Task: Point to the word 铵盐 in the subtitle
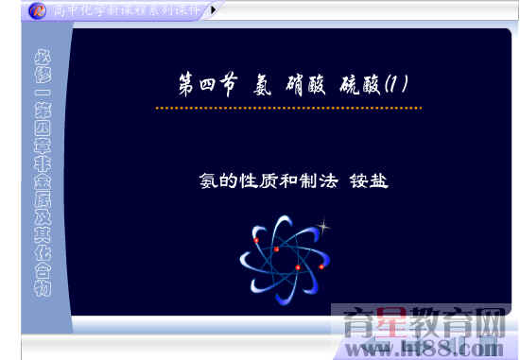pyautogui.click(x=369, y=179)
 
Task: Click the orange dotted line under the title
pyautogui.click(x=288, y=108)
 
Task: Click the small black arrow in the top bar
pyautogui.click(x=212, y=10)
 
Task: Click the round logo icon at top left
pyautogui.click(x=36, y=10)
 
